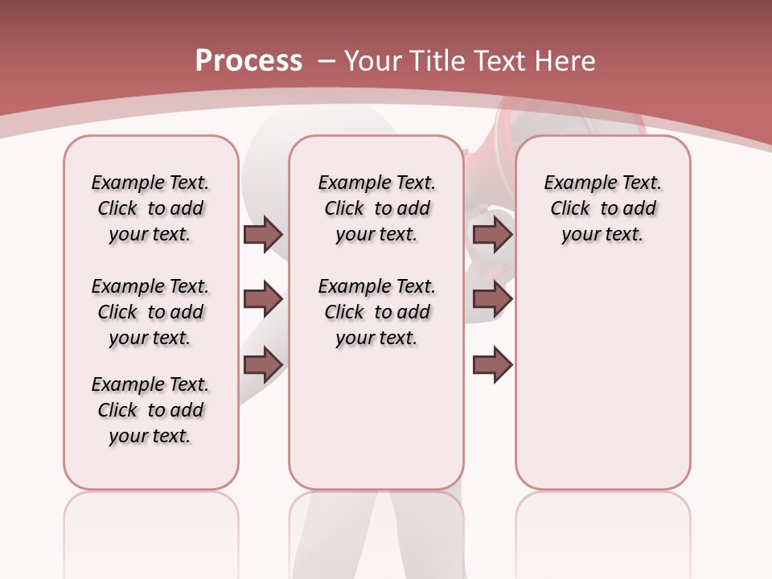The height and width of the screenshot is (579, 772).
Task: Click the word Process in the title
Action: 248,61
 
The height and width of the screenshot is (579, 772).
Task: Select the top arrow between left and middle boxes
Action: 263,234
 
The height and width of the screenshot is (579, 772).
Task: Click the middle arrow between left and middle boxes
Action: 263,300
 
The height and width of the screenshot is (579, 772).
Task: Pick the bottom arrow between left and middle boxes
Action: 263,364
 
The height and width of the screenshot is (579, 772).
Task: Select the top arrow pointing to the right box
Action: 492,234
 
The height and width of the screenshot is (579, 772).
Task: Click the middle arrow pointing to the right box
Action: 492,300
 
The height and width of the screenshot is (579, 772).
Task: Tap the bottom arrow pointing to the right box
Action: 492,364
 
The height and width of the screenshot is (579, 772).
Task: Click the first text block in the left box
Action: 150,208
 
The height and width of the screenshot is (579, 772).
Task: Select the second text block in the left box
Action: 150,312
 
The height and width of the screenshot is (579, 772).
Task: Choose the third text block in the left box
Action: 150,410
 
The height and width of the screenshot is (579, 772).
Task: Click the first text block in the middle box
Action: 376,208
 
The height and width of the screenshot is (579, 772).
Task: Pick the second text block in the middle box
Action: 376,312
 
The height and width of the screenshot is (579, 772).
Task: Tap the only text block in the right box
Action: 602,208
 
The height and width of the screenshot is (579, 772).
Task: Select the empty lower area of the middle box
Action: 376,418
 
